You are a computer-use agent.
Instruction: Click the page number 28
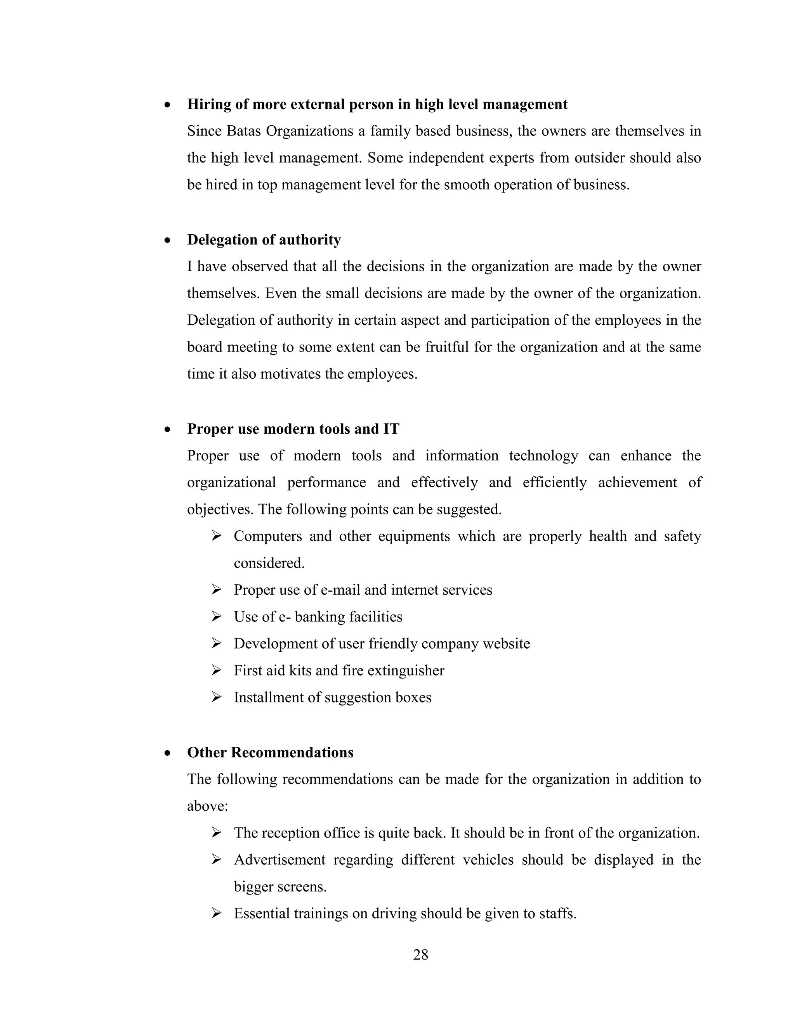pyautogui.click(x=420, y=955)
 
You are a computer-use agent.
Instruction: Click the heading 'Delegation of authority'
pyautogui.click(x=264, y=240)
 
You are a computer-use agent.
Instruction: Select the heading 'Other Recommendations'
pyautogui.click(x=270, y=752)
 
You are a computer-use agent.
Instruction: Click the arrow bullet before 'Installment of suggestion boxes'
pyautogui.click(x=216, y=697)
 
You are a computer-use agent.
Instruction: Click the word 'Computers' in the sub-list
pyautogui.click(x=267, y=536)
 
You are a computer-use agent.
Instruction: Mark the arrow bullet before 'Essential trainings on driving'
pyautogui.click(x=216, y=914)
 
